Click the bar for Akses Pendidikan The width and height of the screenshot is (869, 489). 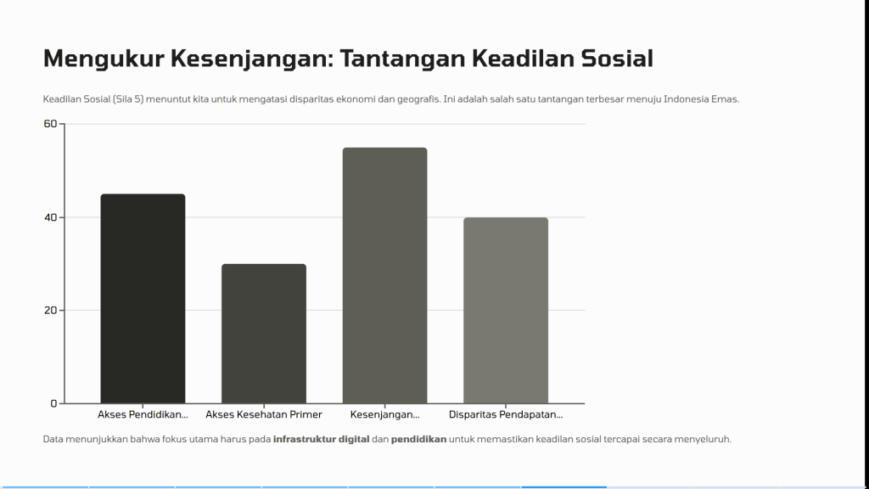[x=143, y=299]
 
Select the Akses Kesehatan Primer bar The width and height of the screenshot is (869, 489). [x=264, y=334]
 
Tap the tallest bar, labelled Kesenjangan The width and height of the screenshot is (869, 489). [x=384, y=276]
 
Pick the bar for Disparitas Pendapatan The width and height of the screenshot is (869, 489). [x=506, y=311]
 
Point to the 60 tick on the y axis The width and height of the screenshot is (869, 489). [x=50, y=124]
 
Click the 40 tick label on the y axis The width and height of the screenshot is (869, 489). [x=50, y=217]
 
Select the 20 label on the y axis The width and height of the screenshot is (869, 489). [x=50, y=311]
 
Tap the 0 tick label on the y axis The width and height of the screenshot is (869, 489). [x=53, y=403]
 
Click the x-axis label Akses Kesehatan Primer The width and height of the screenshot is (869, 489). [x=264, y=414]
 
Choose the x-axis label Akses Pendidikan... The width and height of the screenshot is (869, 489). [x=143, y=414]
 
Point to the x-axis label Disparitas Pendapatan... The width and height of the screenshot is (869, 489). [x=506, y=414]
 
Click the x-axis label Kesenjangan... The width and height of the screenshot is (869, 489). [x=384, y=414]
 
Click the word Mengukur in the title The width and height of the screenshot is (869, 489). [x=103, y=59]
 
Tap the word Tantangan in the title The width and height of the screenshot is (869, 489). [x=403, y=59]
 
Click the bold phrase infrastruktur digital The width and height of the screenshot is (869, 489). [x=322, y=439]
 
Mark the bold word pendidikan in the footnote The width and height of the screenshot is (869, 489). [x=419, y=439]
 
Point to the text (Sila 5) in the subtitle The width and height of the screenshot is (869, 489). [x=128, y=99]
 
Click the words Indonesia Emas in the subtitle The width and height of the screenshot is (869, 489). [x=702, y=99]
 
